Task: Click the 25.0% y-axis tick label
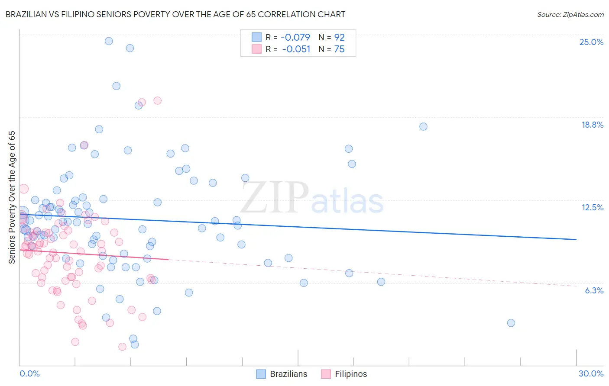click(x=591, y=42)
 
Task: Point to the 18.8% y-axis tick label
click(x=592, y=125)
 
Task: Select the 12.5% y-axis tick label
click(x=592, y=207)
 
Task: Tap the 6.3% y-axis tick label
click(x=594, y=290)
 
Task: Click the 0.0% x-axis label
click(x=29, y=373)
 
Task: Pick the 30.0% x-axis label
click(x=591, y=373)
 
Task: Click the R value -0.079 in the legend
click(x=295, y=38)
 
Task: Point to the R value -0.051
click(x=296, y=49)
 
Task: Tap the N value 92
click(x=339, y=38)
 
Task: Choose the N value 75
click(x=339, y=49)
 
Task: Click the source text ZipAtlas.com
click(x=570, y=15)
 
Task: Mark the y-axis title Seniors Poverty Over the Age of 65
click(x=12, y=197)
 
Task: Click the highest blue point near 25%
click(x=109, y=41)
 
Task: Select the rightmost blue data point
click(x=511, y=323)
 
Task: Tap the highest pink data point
click(x=158, y=100)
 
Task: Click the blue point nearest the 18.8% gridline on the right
click(x=423, y=126)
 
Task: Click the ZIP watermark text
click(x=275, y=198)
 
